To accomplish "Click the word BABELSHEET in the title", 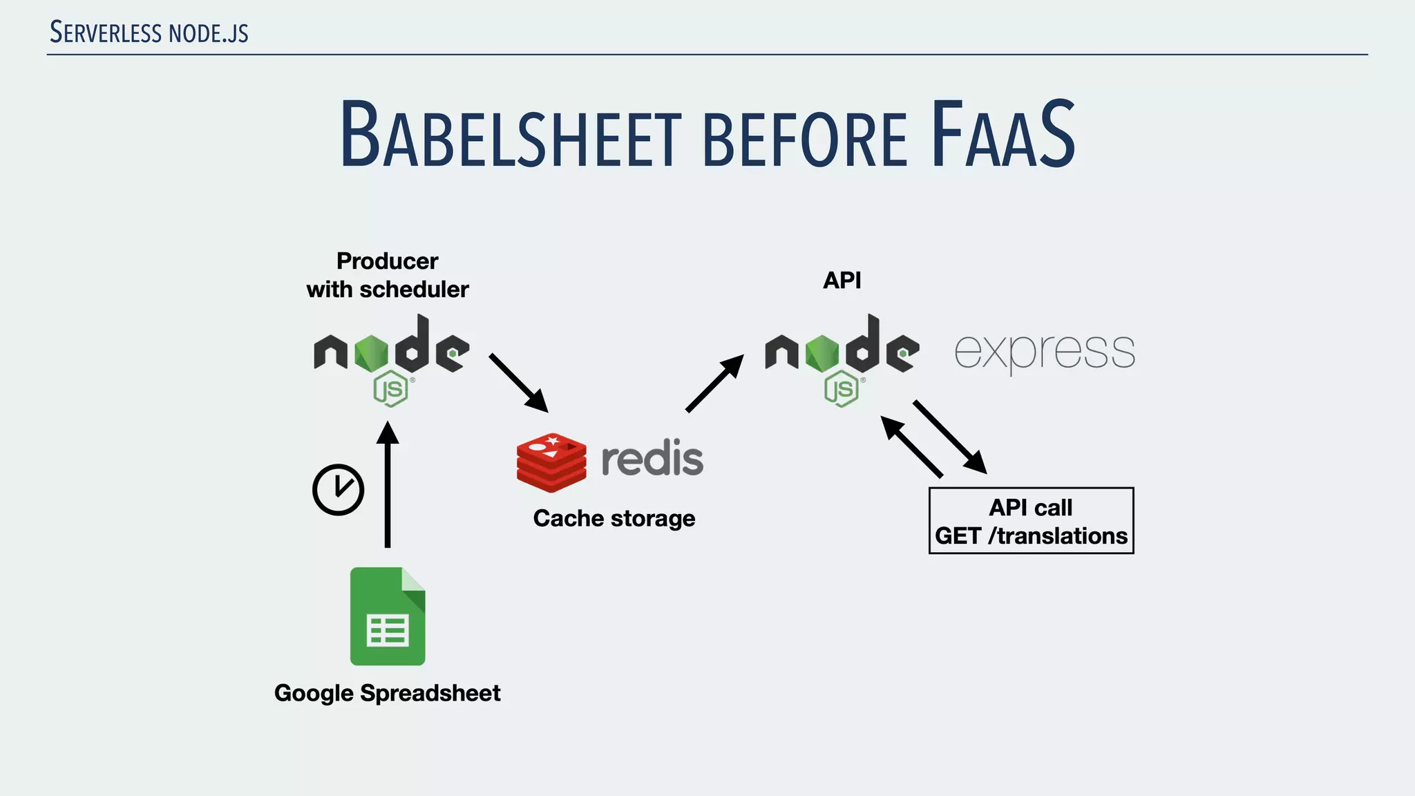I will point(510,135).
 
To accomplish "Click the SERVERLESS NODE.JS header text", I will point(149,32).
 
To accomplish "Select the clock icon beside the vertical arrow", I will point(338,489).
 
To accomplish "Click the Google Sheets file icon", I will point(388,616).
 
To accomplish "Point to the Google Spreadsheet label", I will point(387,693).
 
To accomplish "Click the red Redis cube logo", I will point(551,462).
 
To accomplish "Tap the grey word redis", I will point(652,459).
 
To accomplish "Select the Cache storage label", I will point(614,518).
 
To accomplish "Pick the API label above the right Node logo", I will point(842,281).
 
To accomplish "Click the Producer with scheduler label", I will point(387,275).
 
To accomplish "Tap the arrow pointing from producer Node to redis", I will point(518,383).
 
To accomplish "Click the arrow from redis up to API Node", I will point(714,383).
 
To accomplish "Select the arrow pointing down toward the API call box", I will point(950,437).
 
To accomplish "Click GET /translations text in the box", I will point(1031,536).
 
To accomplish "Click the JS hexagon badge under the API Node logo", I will point(842,389).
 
